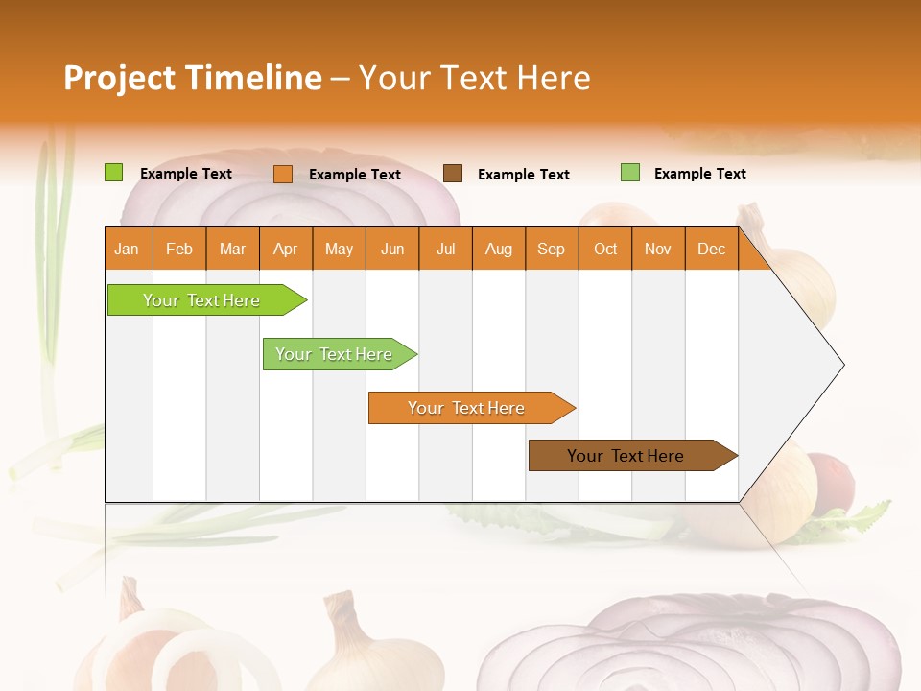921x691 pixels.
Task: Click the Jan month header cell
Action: point(128,249)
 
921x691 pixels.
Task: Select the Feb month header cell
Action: point(179,249)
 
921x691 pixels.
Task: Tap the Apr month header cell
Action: point(286,249)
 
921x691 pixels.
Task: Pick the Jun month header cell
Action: point(392,249)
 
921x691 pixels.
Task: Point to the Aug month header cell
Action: point(499,249)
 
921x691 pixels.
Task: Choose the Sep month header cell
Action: point(552,249)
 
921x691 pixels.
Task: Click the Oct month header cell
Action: point(605,249)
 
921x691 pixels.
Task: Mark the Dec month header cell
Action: point(712,249)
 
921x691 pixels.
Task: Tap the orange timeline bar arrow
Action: point(470,408)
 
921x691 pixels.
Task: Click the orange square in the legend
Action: point(283,174)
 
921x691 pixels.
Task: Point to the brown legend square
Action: point(453,174)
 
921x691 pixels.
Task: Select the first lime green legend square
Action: point(114,173)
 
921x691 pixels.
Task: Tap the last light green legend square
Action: point(630,173)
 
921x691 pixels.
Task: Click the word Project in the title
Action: point(120,78)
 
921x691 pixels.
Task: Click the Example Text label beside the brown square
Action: point(523,175)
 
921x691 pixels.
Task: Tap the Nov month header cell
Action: point(658,249)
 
